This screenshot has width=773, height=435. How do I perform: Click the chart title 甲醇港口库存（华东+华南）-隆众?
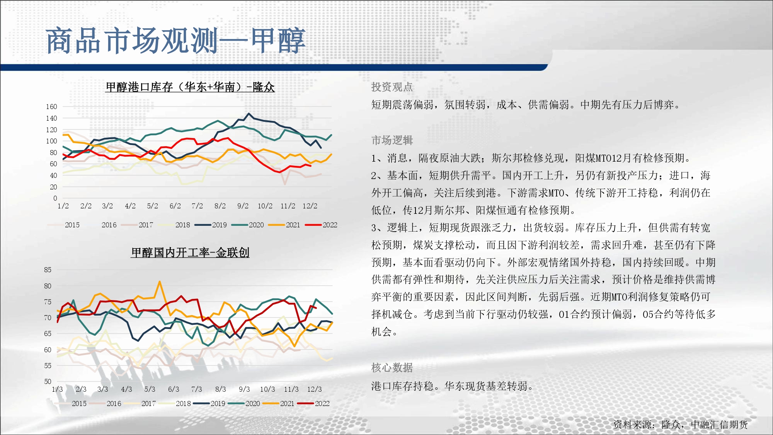190,87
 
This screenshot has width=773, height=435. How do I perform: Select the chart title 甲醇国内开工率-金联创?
190,252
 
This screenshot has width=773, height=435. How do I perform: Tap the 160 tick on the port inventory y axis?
51,107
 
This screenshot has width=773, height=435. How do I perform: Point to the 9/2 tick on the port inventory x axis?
243,206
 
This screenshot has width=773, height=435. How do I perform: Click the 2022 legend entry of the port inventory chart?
321,225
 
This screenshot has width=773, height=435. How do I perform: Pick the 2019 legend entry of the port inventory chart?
211,225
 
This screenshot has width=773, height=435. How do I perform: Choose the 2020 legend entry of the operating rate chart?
244,404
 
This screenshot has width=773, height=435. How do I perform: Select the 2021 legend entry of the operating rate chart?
279,404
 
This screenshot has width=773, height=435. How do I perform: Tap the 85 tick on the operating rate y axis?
48,270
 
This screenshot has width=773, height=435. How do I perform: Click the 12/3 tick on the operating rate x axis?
315,389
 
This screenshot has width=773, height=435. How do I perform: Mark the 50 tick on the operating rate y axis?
48,382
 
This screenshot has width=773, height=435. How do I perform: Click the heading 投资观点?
392,87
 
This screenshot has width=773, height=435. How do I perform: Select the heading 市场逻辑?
392,140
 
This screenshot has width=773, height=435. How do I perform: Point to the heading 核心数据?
392,367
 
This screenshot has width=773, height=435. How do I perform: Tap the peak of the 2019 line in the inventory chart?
249,114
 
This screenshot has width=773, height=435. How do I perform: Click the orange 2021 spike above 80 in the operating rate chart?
160,282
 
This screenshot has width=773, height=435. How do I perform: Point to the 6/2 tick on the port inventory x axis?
175,206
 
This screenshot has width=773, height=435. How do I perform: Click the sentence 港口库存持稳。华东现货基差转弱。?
453,386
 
